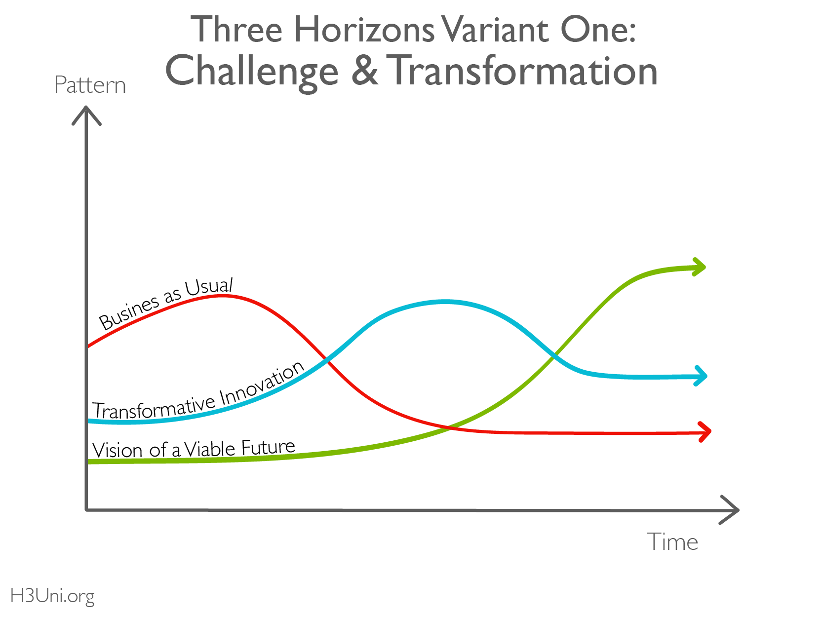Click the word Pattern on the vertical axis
click(x=90, y=85)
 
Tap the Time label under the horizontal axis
click(x=672, y=541)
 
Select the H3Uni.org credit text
click(x=52, y=596)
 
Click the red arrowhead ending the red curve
click(x=705, y=432)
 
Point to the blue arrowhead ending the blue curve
click(x=701, y=376)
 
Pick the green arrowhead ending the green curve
click(x=699, y=267)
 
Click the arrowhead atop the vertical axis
click(x=86, y=116)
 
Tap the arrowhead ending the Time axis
click(x=729, y=510)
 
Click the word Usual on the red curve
click(x=209, y=287)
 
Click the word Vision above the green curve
click(x=118, y=450)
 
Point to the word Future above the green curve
click(x=268, y=447)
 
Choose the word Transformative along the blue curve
click(x=154, y=408)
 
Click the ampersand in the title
click(x=364, y=70)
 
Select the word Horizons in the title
click(x=364, y=30)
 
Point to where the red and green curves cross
click(x=450, y=427)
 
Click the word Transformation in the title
click(x=522, y=70)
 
